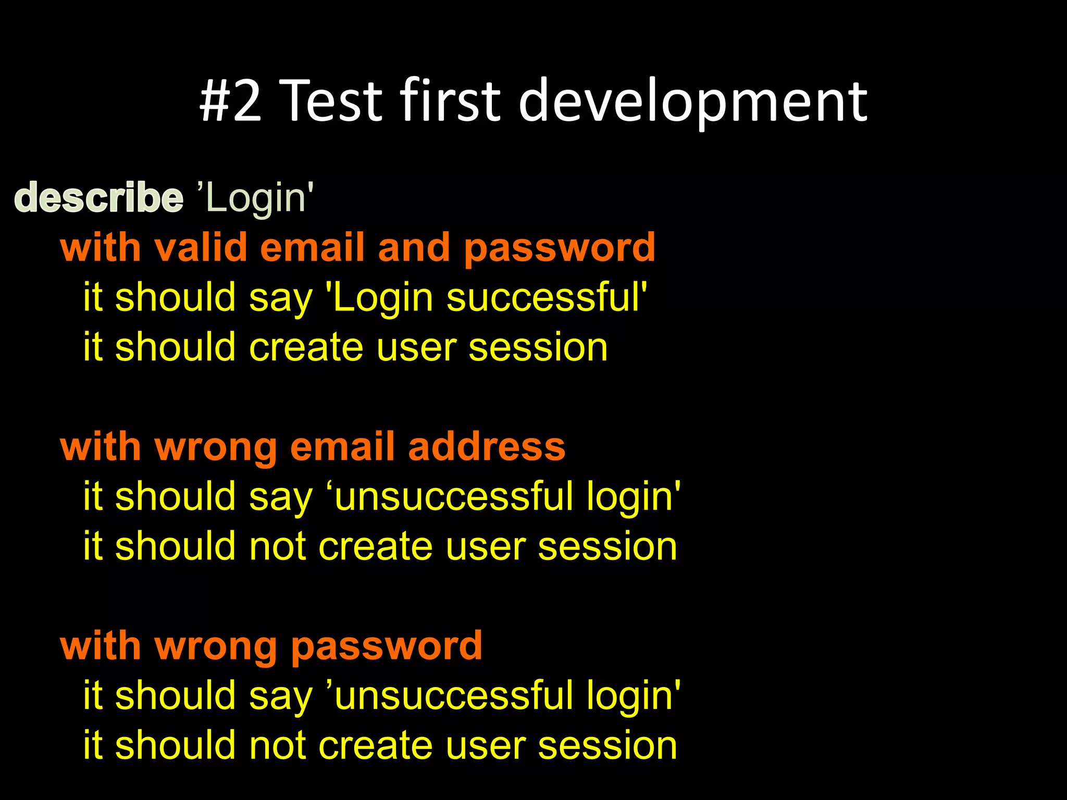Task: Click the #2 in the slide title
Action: tap(230, 100)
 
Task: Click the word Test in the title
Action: tap(333, 100)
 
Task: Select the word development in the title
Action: tap(692, 100)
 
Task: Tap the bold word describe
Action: tap(99, 198)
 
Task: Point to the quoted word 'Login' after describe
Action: tap(256, 198)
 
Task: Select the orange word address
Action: tap(487, 447)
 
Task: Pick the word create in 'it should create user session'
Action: tap(306, 347)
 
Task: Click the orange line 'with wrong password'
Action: tap(271, 646)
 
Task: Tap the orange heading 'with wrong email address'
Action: tap(313, 447)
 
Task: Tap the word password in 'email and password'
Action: tap(560, 248)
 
